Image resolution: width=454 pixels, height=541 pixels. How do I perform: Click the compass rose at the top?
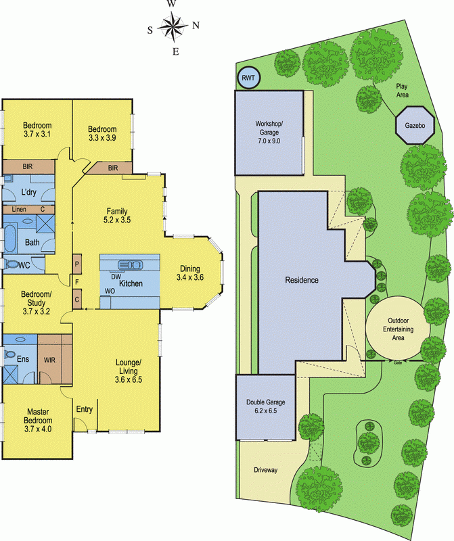pyautogui.click(x=173, y=27)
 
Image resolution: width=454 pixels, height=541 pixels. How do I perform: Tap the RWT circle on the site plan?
pyautogui.click(x=247, y=79)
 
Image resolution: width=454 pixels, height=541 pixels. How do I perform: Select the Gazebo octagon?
pyautogui.click(x=414, y=125)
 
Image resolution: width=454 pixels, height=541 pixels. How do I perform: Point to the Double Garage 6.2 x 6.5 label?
pyautogui.click(x=265, y=406)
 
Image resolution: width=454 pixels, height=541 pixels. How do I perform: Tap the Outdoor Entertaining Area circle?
pyautogui.click(x=396, y=329)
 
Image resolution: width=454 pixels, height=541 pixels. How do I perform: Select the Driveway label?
pyautogui.click(x=266, y=470)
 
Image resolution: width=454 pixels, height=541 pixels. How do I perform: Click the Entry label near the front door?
pyautogui.click(x=85, y=408)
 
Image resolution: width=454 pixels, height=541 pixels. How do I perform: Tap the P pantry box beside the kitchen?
pyautogui.click(x=77, y=264)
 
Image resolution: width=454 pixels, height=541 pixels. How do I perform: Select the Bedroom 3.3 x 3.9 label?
pyautogui.click(x=102, y=133)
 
